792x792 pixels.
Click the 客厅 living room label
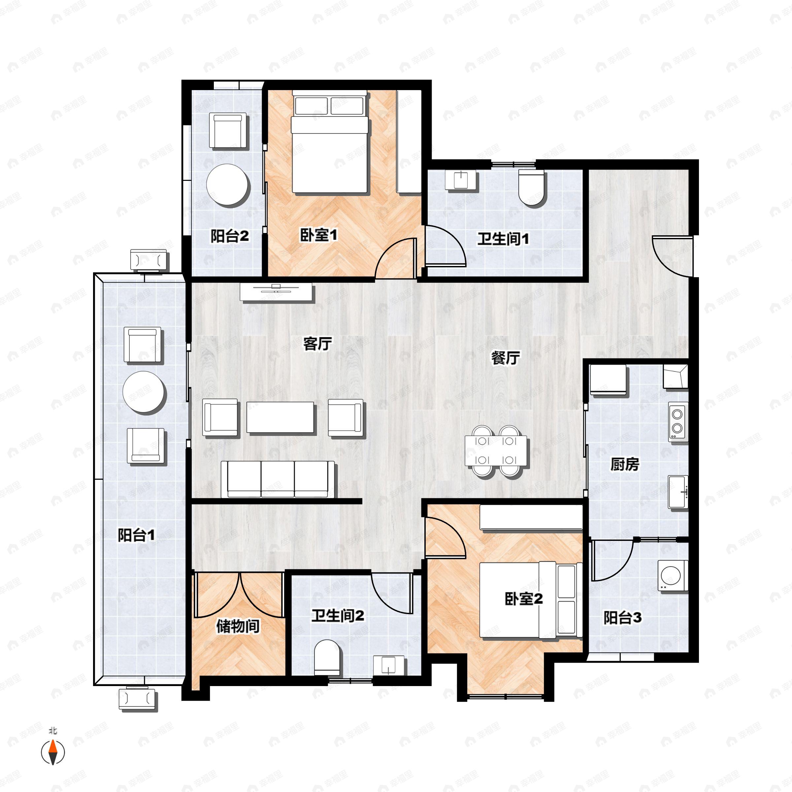[317, 344]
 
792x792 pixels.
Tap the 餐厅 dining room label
[506, 358]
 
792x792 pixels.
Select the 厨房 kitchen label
[625, 464]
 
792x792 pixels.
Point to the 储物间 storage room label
[238, 626]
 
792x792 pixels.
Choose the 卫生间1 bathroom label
[503, 239]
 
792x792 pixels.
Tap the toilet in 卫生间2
[327, 658]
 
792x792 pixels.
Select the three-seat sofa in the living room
[278, 479]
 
